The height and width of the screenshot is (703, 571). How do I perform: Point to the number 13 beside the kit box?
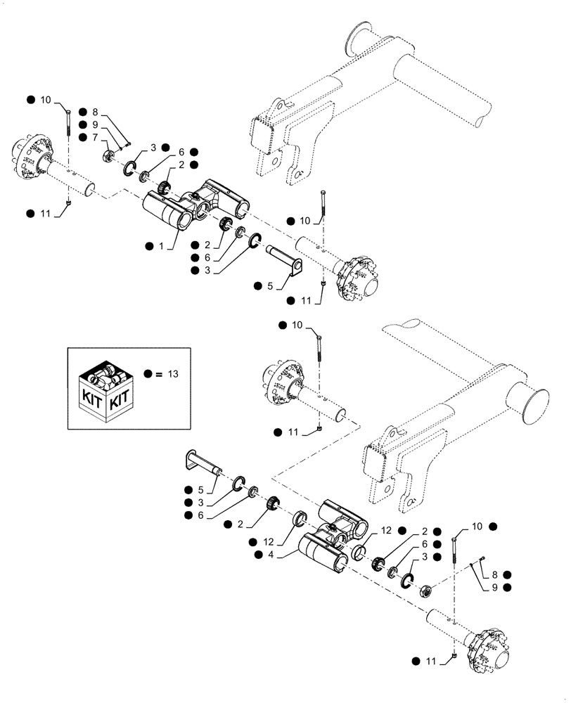tap(173, 373)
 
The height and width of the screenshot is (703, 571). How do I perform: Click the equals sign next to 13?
tap(160, 373)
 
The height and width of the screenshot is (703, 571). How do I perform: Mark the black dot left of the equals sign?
tap(147, 373)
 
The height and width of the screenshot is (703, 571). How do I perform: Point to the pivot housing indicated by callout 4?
tap(331, 538)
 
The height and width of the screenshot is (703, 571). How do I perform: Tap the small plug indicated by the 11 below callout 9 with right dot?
tap(456, 656)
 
